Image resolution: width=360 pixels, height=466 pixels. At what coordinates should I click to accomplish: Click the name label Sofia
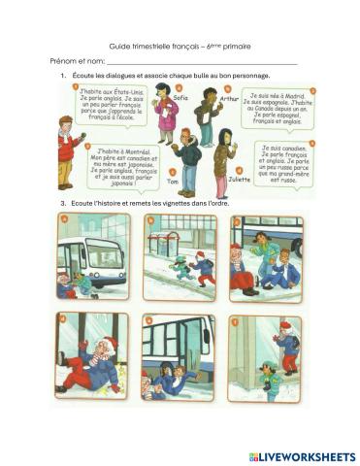(180, 98)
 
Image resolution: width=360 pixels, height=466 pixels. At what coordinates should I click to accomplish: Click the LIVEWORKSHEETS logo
(301, 455)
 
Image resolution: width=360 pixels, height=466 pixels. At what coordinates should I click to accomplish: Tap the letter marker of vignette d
(61, 317)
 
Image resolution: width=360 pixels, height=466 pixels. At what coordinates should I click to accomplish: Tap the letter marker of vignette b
(147, 219)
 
